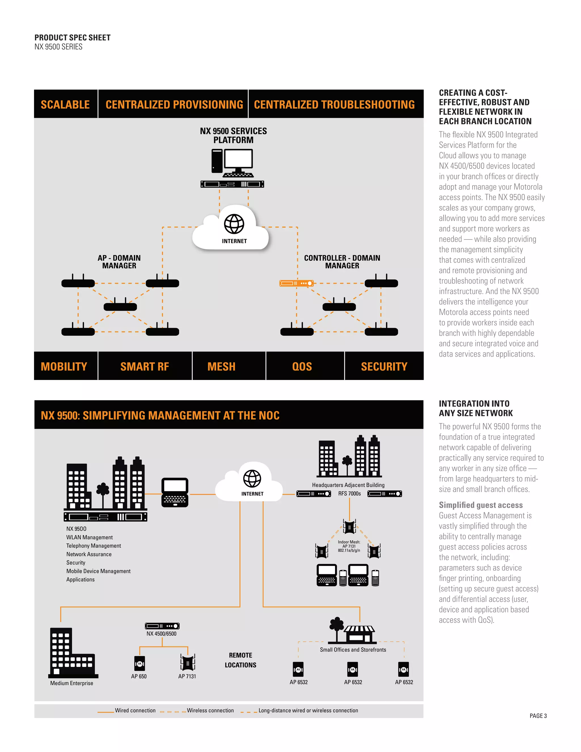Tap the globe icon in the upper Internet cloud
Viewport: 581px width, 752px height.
[234, 224]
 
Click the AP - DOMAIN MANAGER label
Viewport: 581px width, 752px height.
[119, 262]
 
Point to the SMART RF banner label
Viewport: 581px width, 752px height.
[145, 366]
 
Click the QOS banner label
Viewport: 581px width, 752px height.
[302, 366]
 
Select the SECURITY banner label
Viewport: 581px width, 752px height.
[384, 366]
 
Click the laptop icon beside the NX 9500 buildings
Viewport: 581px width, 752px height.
[175, 492]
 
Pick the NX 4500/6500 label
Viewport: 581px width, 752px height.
[161, 634]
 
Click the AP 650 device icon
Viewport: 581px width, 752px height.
[139, 663]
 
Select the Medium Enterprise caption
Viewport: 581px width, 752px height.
[71, 683]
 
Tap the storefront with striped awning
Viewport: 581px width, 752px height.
[359, 634]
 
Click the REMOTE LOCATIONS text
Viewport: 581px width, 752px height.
[241, 660]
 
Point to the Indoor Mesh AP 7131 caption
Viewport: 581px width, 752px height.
[349, 546]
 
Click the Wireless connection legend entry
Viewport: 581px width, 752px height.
[210, 710]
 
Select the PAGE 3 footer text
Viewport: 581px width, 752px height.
[538, 716]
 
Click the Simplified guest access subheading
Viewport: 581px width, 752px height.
[481, 505]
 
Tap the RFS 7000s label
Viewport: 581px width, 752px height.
[349, 493]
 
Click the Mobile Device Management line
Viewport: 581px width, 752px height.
[98, 571]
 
